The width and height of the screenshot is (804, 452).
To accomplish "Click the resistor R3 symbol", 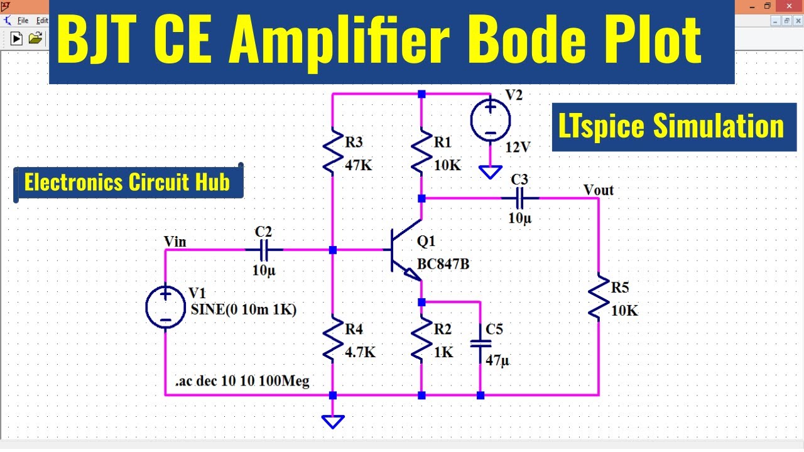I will tap(333, 151).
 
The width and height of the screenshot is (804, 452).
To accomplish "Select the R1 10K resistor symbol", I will tap(421, 151).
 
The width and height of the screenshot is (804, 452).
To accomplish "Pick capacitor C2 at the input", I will tap(264, 250).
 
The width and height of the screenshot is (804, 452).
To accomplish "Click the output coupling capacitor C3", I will tap(520, 198).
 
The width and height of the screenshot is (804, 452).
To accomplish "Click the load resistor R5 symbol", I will tap(599, 297).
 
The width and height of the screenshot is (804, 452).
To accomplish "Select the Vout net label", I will tap(598, 190).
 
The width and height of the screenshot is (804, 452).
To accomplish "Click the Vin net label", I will tap(175, 242).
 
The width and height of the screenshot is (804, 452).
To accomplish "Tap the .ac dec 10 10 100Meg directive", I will tap(242, 382).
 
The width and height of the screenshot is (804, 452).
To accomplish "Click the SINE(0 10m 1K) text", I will tap(243, 309).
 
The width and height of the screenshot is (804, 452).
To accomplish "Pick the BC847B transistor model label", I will tap(443, 264).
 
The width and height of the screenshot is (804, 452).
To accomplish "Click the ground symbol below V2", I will tap(490, 171).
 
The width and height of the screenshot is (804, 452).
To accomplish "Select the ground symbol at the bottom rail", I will tap(333, 421).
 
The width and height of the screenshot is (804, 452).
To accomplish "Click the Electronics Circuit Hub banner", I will tap(127, 182).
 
